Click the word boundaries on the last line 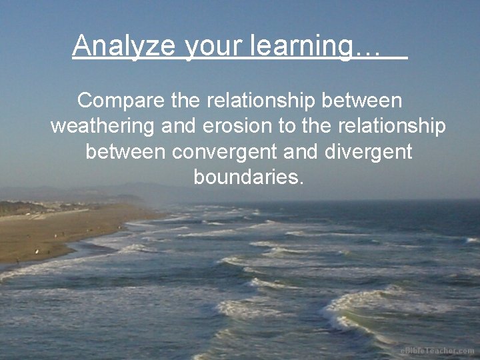tap(245, 177)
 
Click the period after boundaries tap(301, 183)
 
